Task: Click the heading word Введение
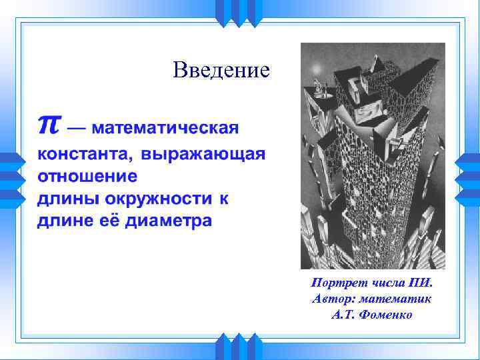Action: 221,70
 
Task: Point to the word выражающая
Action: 203,155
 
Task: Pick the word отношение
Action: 87,177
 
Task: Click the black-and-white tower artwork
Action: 373,156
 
